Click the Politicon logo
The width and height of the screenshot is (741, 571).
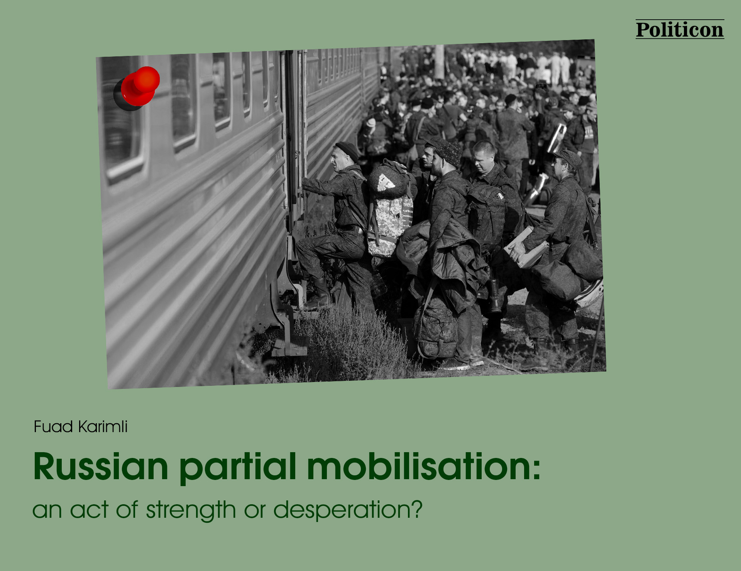click(680, 30)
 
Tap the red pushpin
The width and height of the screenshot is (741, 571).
click(138, 88)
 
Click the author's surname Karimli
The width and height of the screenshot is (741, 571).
click(103, 427)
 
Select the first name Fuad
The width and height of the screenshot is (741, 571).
click(53, 427)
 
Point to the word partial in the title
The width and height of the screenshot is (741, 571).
click(238, 468)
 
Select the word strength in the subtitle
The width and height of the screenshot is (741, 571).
click(191, 510)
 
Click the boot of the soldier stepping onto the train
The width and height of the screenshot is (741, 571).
click(319, 294)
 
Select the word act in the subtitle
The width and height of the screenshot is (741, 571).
click(89, 510)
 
